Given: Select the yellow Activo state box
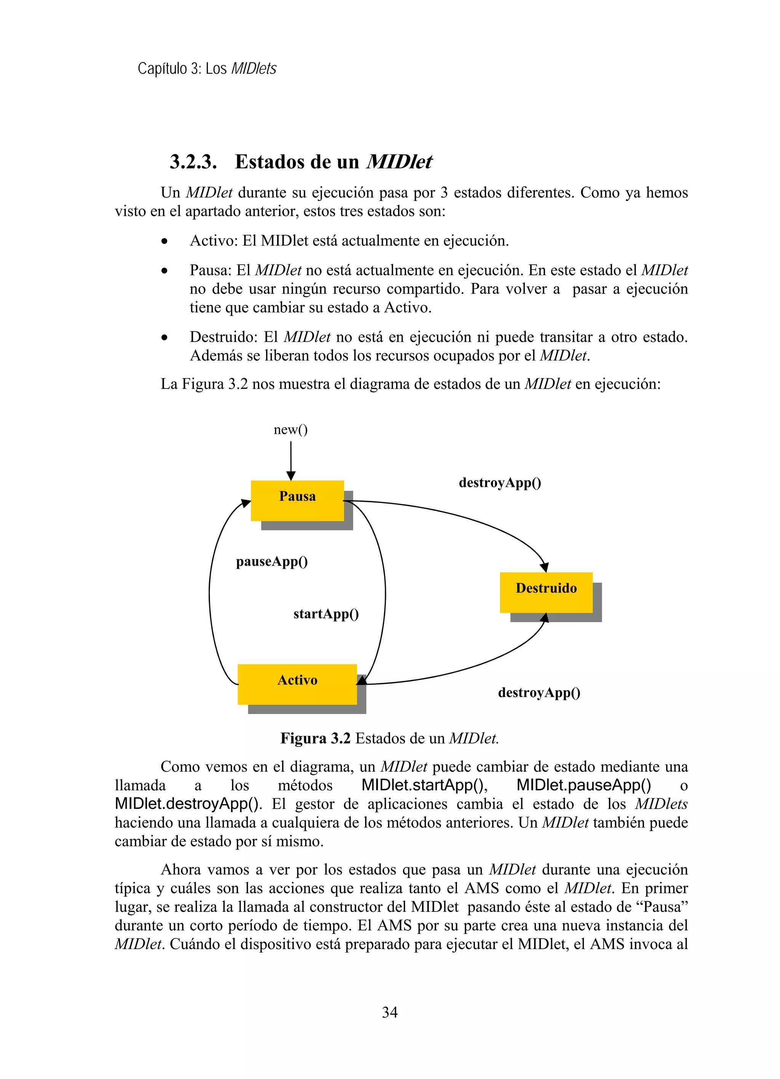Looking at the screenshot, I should [x=297, y=684].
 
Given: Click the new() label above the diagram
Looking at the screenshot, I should [x=291, y=430].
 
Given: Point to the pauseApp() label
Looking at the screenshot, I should [x=272, y=562].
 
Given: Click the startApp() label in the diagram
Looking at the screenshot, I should [x=326, y=614].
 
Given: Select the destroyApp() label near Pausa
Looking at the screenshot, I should [x=500, y=483].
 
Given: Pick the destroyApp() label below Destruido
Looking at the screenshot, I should [x=539, y=693].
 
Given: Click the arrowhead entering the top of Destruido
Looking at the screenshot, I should [x=545, y=567].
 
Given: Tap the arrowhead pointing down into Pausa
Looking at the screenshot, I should [x=291, y=476].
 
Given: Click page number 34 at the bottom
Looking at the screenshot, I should [x=390, y=1012].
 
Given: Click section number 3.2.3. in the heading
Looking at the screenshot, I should [x=193, y=162].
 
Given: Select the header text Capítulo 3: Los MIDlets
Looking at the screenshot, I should [x=207, y=69].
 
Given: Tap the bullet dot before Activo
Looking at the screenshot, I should [x=165, y=242].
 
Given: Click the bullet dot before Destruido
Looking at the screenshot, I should [x=165, y=338].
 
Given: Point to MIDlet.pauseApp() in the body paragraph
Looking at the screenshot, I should [x=584, y=785].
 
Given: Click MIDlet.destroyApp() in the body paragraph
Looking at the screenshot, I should [x=188, y=804].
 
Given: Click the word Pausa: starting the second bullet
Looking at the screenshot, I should [x=211, y=270].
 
